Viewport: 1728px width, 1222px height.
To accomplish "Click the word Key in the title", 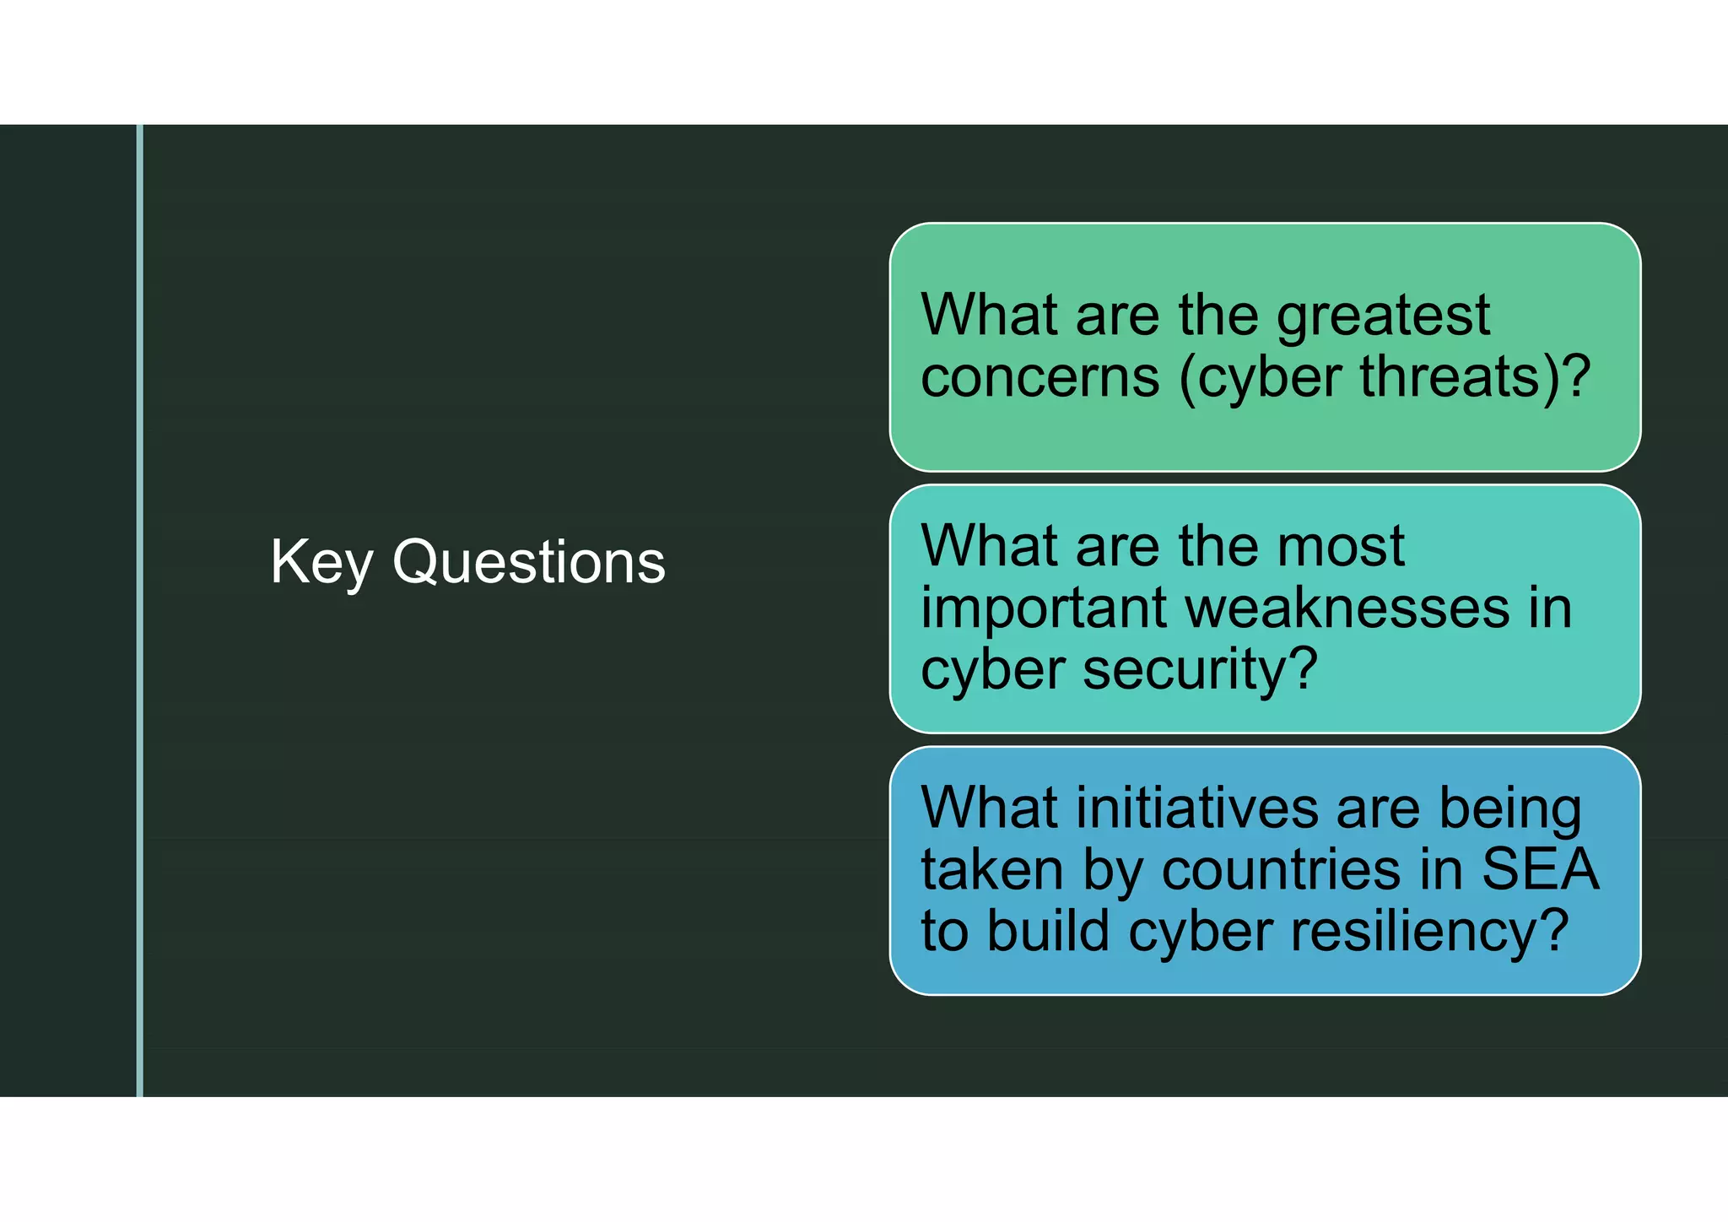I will (321, 562).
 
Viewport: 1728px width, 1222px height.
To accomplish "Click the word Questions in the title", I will (529, 562).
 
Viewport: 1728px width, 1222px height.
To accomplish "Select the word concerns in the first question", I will (1039, 377).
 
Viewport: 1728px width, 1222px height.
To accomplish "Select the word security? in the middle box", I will (1200, 669).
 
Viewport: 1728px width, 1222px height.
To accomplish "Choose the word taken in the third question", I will (991, 869).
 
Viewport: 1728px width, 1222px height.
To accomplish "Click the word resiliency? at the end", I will (1428, 933).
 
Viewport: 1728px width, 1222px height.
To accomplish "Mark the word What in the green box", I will (988, 316).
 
